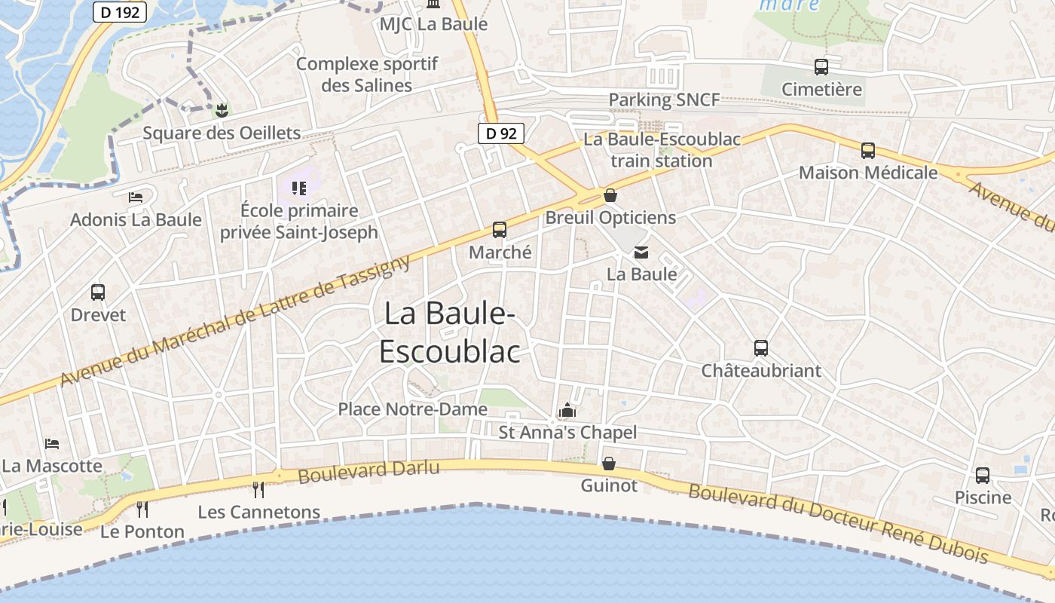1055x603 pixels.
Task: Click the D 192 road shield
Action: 120,12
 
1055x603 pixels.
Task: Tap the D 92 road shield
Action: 500,133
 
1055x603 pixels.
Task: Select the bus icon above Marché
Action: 500,230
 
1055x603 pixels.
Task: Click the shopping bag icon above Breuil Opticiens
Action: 610,195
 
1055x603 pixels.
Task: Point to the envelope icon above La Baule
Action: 641,253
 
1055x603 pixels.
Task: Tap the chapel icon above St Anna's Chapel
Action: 567,411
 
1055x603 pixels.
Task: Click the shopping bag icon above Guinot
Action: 609,464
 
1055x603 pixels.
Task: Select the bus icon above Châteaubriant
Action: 761,348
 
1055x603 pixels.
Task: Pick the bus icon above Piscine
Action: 983,476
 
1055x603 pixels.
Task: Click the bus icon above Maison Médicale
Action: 868,151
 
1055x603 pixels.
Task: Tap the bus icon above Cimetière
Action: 821,67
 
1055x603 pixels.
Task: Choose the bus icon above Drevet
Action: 98,292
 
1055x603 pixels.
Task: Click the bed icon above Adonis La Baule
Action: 136,197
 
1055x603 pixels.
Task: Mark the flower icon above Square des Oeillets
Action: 222,111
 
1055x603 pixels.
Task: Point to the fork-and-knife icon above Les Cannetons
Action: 258,490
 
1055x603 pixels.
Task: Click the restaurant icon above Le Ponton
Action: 142,510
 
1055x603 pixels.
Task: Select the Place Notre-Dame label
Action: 412,409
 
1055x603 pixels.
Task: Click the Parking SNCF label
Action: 664,99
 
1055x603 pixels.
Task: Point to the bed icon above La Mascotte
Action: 51,443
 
